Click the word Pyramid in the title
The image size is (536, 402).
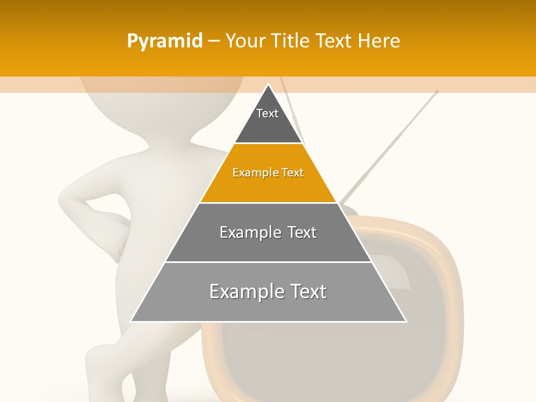pyautogui.click(x=165, y=41)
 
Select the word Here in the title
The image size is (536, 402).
pyautogui.click(x=379, y=41)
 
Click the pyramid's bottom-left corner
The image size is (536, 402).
pyautogui.click(x=132, y=321)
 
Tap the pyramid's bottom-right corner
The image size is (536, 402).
pyautogui.click(x=405, y=321)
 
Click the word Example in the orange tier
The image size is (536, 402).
pyautogui.click(x=250, y=173)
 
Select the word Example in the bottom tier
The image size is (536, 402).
pyautogui.click(x=242, y=291)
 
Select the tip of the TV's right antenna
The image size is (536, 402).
pyautogui.click(x=437, y=92)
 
